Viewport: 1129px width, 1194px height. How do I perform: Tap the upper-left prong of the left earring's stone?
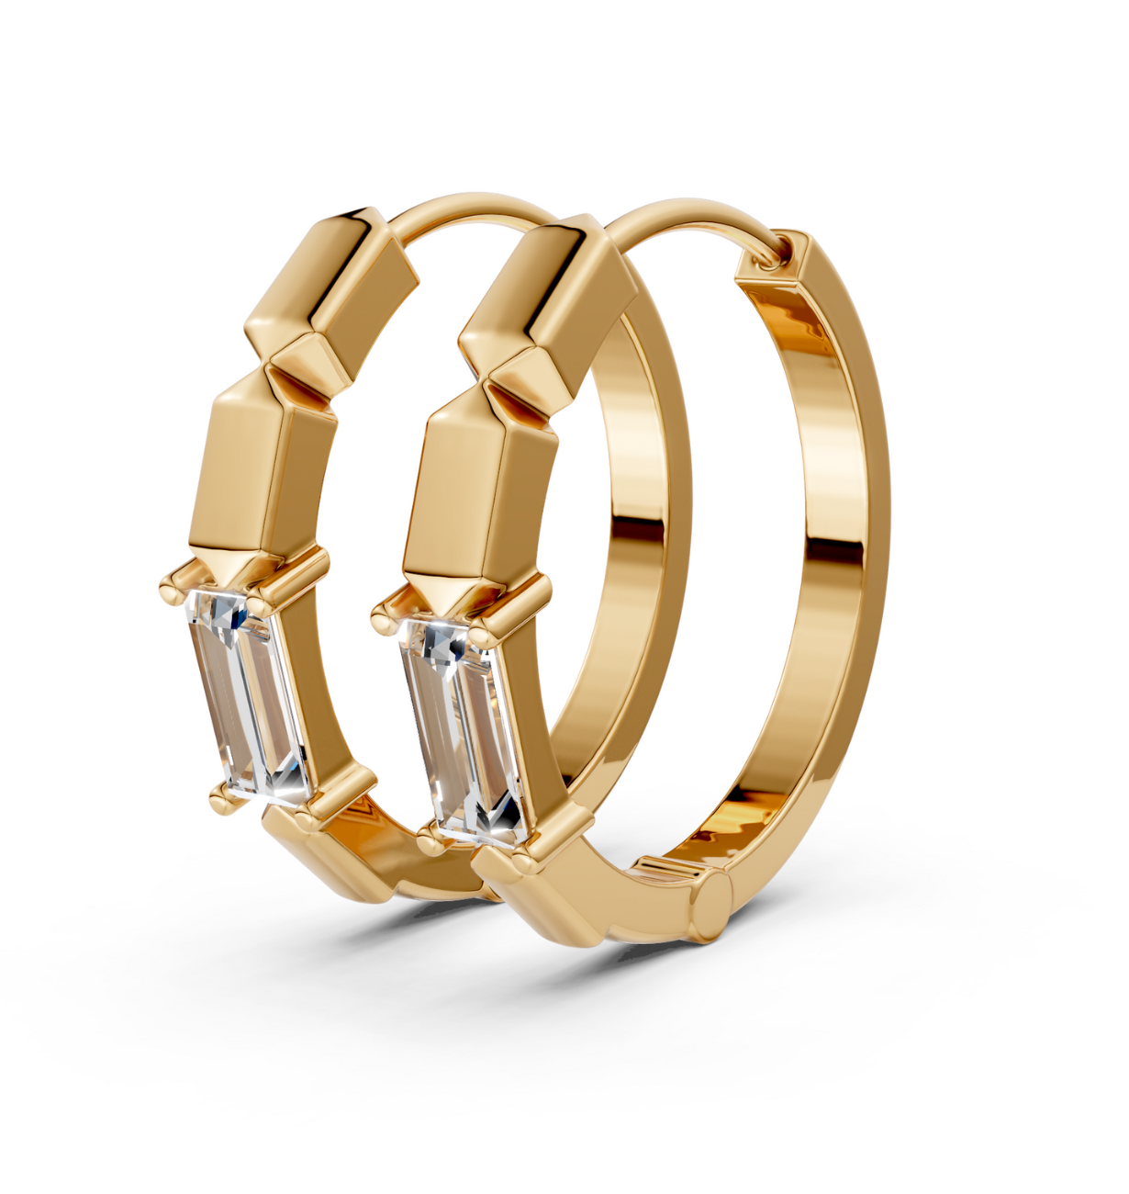[171, 585]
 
